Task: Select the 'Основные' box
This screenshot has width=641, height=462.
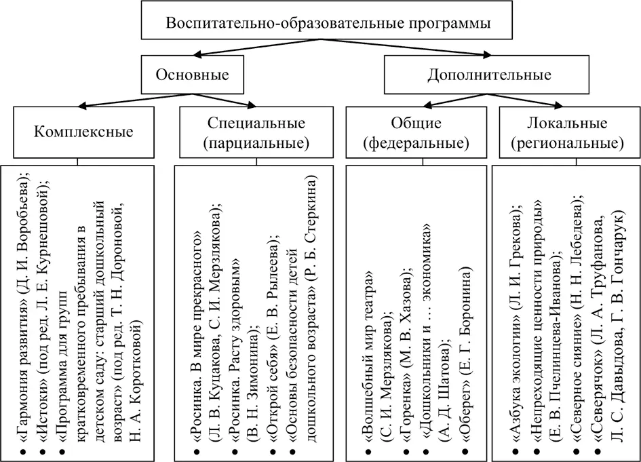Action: pyautogui.click(x=192, y=74)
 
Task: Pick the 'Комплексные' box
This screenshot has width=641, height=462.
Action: pyautogui.click(x=83, y=132)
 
